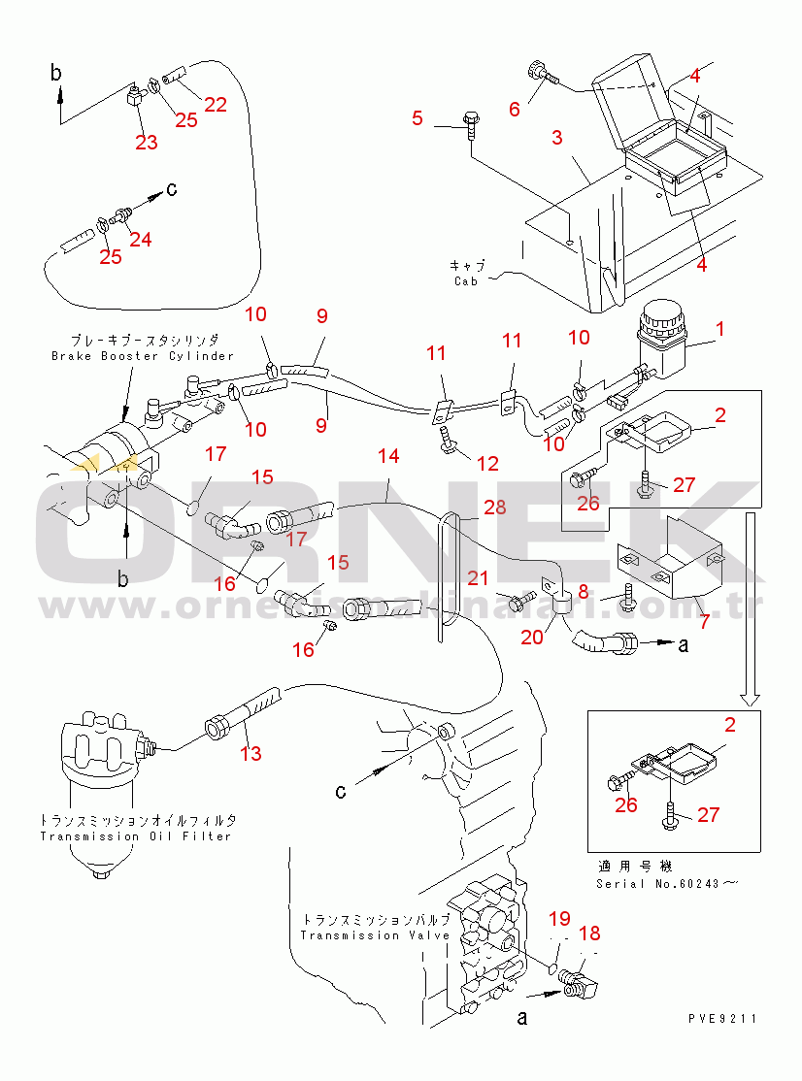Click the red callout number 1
(x=719, y=330)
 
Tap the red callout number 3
(x=556, y=138)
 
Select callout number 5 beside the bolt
(x=418, y=118)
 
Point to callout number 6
(x=515, y=110)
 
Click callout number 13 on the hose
(x=251, y=753)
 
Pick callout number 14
(x=388, y=455)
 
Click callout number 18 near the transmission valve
(x=589, y=934)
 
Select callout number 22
(x=216, y=105)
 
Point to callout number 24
(x=141, y=239)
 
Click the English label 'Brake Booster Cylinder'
(x=143, y=356)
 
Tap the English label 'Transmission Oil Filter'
(x=136, y=835)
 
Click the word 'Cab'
(x=466, y=281)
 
